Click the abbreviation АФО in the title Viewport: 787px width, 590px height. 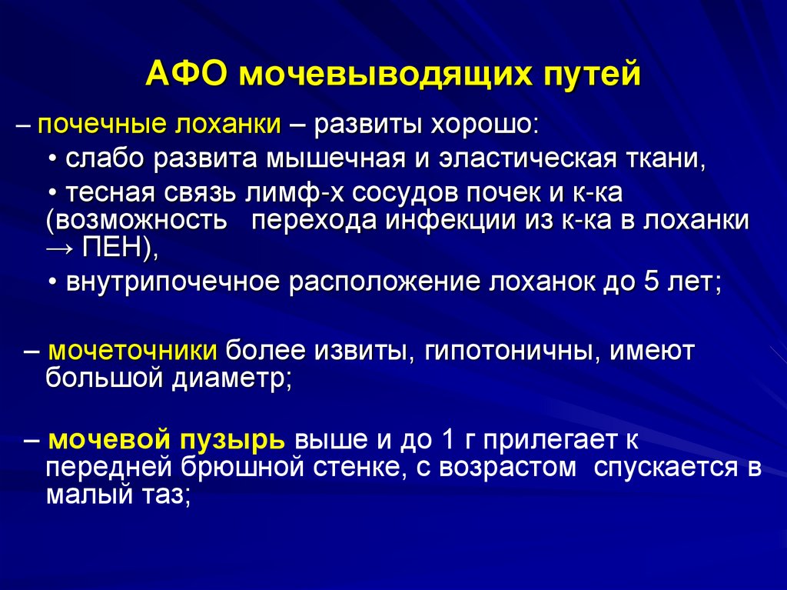(187, 75)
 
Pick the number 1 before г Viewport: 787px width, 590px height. (448, 440)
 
